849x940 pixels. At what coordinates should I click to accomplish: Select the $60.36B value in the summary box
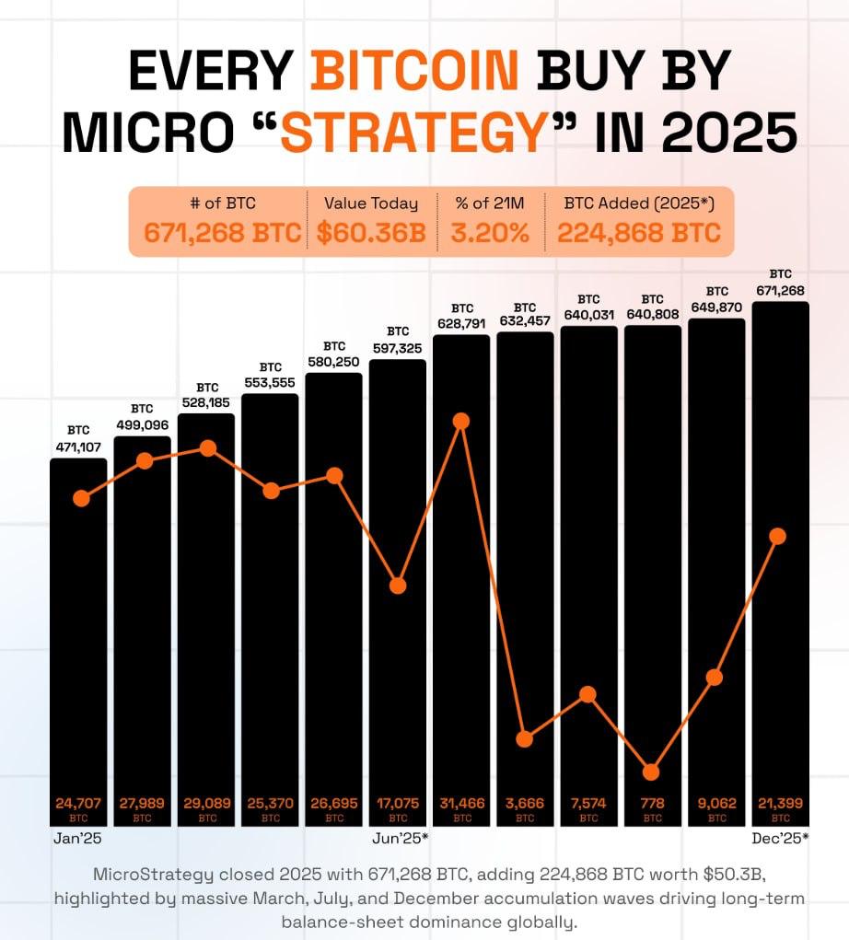371,233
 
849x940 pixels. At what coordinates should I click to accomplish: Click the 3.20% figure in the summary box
490,233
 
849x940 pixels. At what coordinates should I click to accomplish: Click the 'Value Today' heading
370,203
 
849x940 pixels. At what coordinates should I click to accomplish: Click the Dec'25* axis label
779,839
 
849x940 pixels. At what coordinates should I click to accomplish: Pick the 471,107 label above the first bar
78,447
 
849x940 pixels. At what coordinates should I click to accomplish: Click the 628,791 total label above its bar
461,323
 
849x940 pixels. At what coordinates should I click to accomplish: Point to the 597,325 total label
398,348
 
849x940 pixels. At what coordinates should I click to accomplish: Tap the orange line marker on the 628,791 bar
461,422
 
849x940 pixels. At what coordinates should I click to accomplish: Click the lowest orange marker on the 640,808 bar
652,772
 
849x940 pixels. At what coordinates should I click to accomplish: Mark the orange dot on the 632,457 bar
525,739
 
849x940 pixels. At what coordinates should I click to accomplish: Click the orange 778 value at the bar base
652,804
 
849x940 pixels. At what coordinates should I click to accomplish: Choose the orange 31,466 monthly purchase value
461,804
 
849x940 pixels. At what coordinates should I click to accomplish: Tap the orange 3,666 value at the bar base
525,804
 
